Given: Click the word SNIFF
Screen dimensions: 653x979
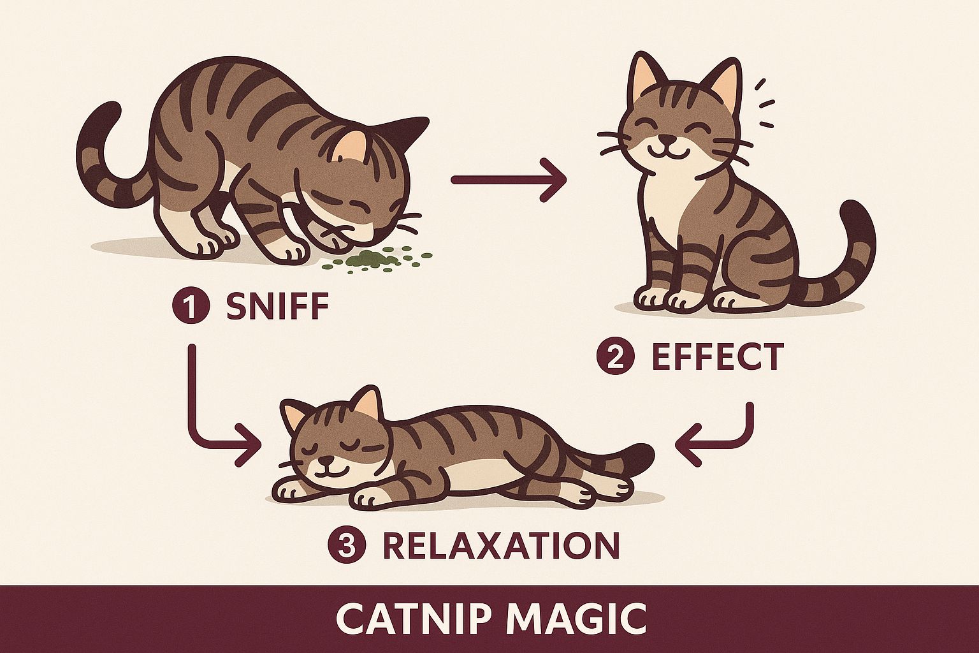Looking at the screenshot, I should click(x=277, y=307).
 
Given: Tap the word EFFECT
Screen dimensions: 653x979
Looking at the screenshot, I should click(x=716, y=357).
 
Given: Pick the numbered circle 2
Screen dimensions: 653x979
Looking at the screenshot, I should click(x=615, y=358).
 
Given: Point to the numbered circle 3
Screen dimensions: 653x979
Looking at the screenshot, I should click(x=346, y=546).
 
